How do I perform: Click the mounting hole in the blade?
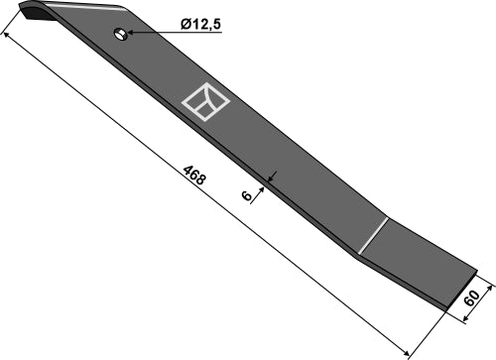pos(120,35)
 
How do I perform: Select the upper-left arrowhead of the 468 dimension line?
pos(10,36)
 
